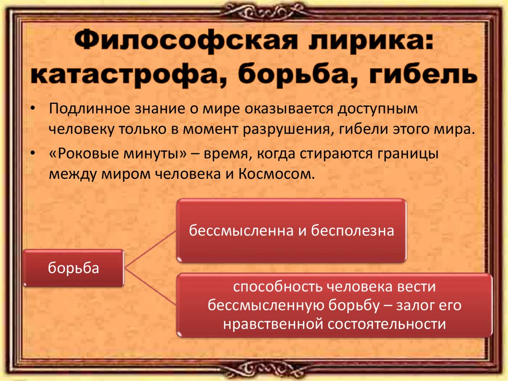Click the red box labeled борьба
point(73,268)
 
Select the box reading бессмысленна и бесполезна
point(292,230)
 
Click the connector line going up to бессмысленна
point(151,248)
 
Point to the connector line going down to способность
point(151,287)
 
